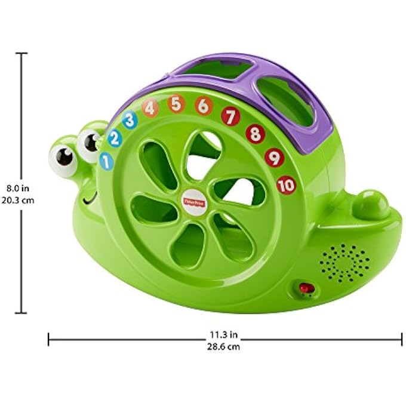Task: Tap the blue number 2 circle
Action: [115, 139]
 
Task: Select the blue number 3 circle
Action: [130, 120]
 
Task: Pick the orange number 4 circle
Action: [150, 108]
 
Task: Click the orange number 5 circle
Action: [176, 103]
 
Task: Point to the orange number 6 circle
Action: [203, 106]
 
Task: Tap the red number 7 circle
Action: [230, 116]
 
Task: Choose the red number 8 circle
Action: [255, 134]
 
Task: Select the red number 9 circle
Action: [274, 157]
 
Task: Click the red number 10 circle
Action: [286, 184]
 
